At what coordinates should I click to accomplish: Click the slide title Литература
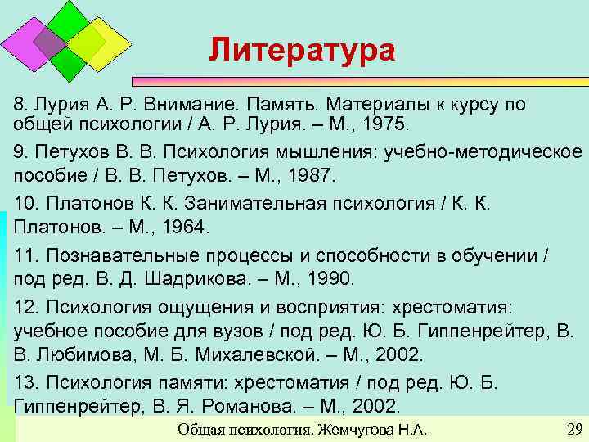point(301,50)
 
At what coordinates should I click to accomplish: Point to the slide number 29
point(573,430)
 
